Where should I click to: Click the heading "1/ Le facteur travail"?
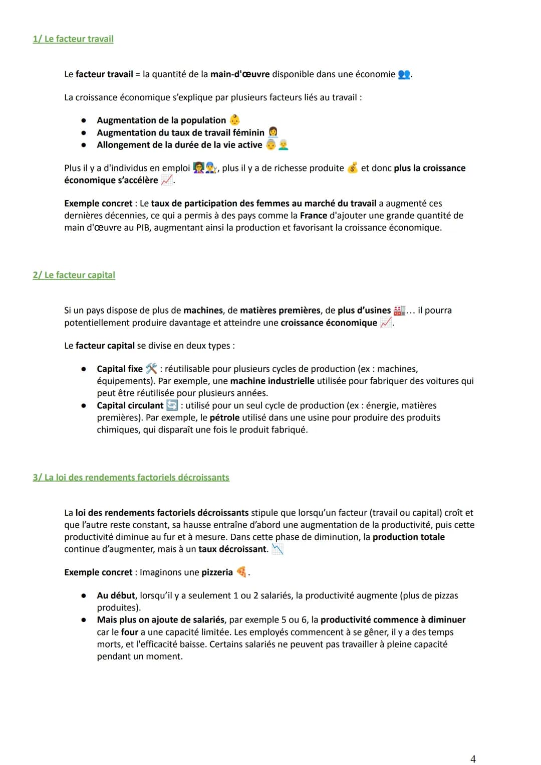[73, 39]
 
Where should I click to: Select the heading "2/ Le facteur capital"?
[74, 275]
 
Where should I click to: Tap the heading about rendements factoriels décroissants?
[131, 477]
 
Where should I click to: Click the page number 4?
[473, 759]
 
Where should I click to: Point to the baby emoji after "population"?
[234, 120]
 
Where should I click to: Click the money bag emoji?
[353, 168]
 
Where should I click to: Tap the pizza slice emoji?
[241, 572]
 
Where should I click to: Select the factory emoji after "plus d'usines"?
[399, 311]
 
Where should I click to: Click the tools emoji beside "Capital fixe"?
[151, 369]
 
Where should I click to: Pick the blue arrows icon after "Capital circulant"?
[172, 405]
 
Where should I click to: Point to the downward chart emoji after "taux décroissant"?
[277, 549]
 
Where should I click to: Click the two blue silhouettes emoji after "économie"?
[404, 75]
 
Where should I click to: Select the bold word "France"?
[314, 215]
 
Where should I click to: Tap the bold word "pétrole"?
[224, 417]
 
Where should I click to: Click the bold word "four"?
[130, 632]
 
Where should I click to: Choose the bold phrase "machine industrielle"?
[272, 381]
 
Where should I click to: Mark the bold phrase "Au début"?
[116, 595]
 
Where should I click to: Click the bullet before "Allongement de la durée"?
[84, 145]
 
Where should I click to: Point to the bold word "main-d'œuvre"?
[240, 74]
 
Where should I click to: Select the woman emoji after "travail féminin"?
[273, 132]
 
